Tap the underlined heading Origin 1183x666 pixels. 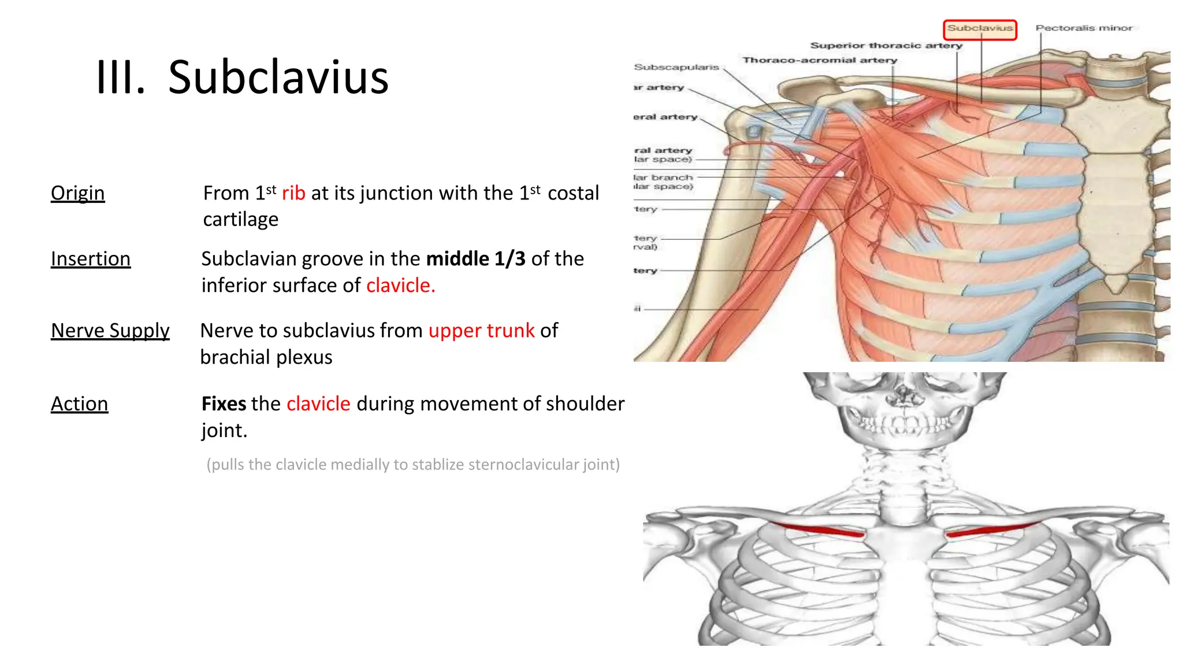coord(77,193)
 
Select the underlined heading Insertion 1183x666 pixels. coord(91,259)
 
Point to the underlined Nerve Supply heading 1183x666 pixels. coord(110,331)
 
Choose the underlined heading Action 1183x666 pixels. coord(79,404)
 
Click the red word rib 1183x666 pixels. coord(293,193)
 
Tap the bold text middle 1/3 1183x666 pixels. coord(475,259)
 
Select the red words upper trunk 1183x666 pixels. coord(481,331)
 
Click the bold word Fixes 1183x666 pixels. coord(224,404)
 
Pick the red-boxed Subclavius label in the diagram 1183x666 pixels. coord(980,28)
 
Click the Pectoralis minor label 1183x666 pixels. coord(1084,28)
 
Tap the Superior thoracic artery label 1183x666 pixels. coord(886,45)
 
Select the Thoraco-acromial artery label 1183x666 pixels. coord(820,60)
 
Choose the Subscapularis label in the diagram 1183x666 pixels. coord(676,67)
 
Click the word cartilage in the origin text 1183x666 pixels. coord(240,220)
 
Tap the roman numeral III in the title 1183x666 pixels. coord(120,77)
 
